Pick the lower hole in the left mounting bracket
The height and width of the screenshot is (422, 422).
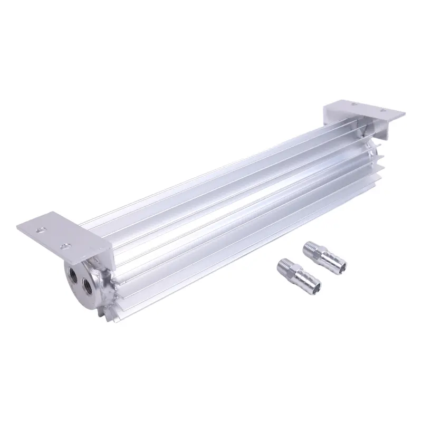[x=66, y=245]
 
